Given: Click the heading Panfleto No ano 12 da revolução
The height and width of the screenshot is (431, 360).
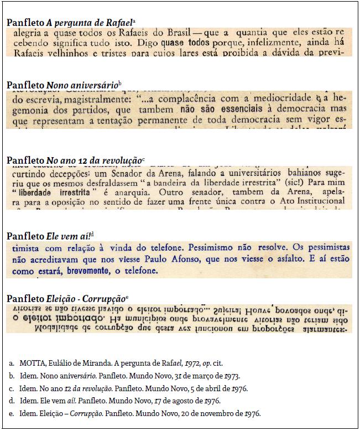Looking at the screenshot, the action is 75,160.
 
